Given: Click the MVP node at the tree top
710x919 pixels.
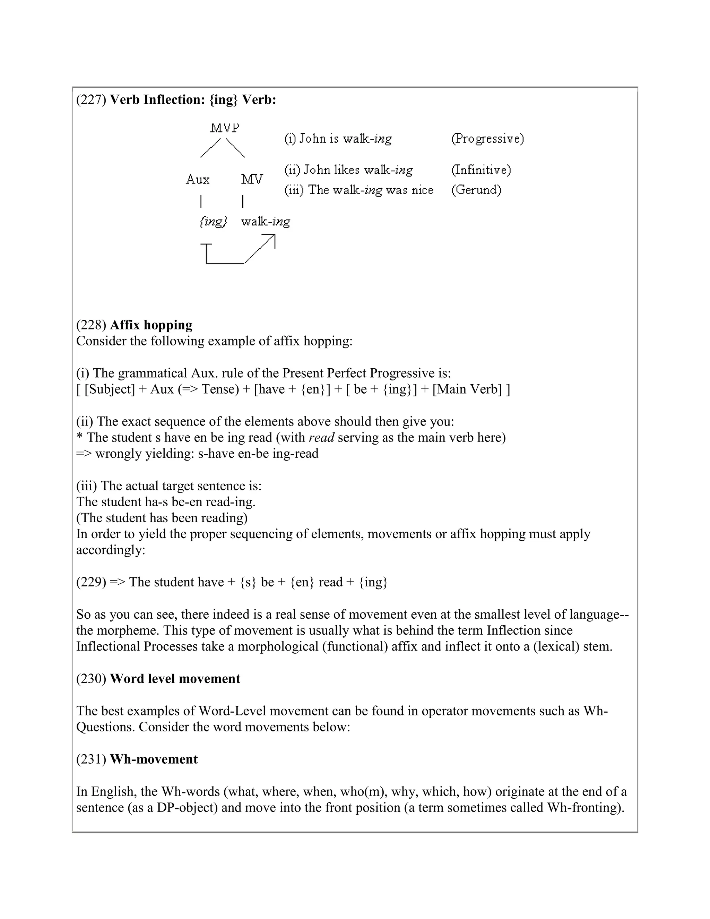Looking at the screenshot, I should pos(225,128).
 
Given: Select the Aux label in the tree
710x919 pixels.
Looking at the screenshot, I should pos(197,180).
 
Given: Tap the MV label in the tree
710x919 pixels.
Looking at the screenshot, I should pos(252,179).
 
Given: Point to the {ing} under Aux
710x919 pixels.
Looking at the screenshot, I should pos(213,221).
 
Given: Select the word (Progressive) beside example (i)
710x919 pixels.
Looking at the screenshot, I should pos(487,138).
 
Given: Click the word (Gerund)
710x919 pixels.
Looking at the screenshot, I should pos(476,190).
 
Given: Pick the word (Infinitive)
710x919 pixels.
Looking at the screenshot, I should pos(481,170).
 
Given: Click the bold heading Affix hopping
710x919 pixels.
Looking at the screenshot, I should pos(151,325).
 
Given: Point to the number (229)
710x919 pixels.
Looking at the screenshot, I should pos(91,582).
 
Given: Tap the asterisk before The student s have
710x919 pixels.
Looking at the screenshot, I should pos(79,438).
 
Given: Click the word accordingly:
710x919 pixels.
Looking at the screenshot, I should pos(111,550).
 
